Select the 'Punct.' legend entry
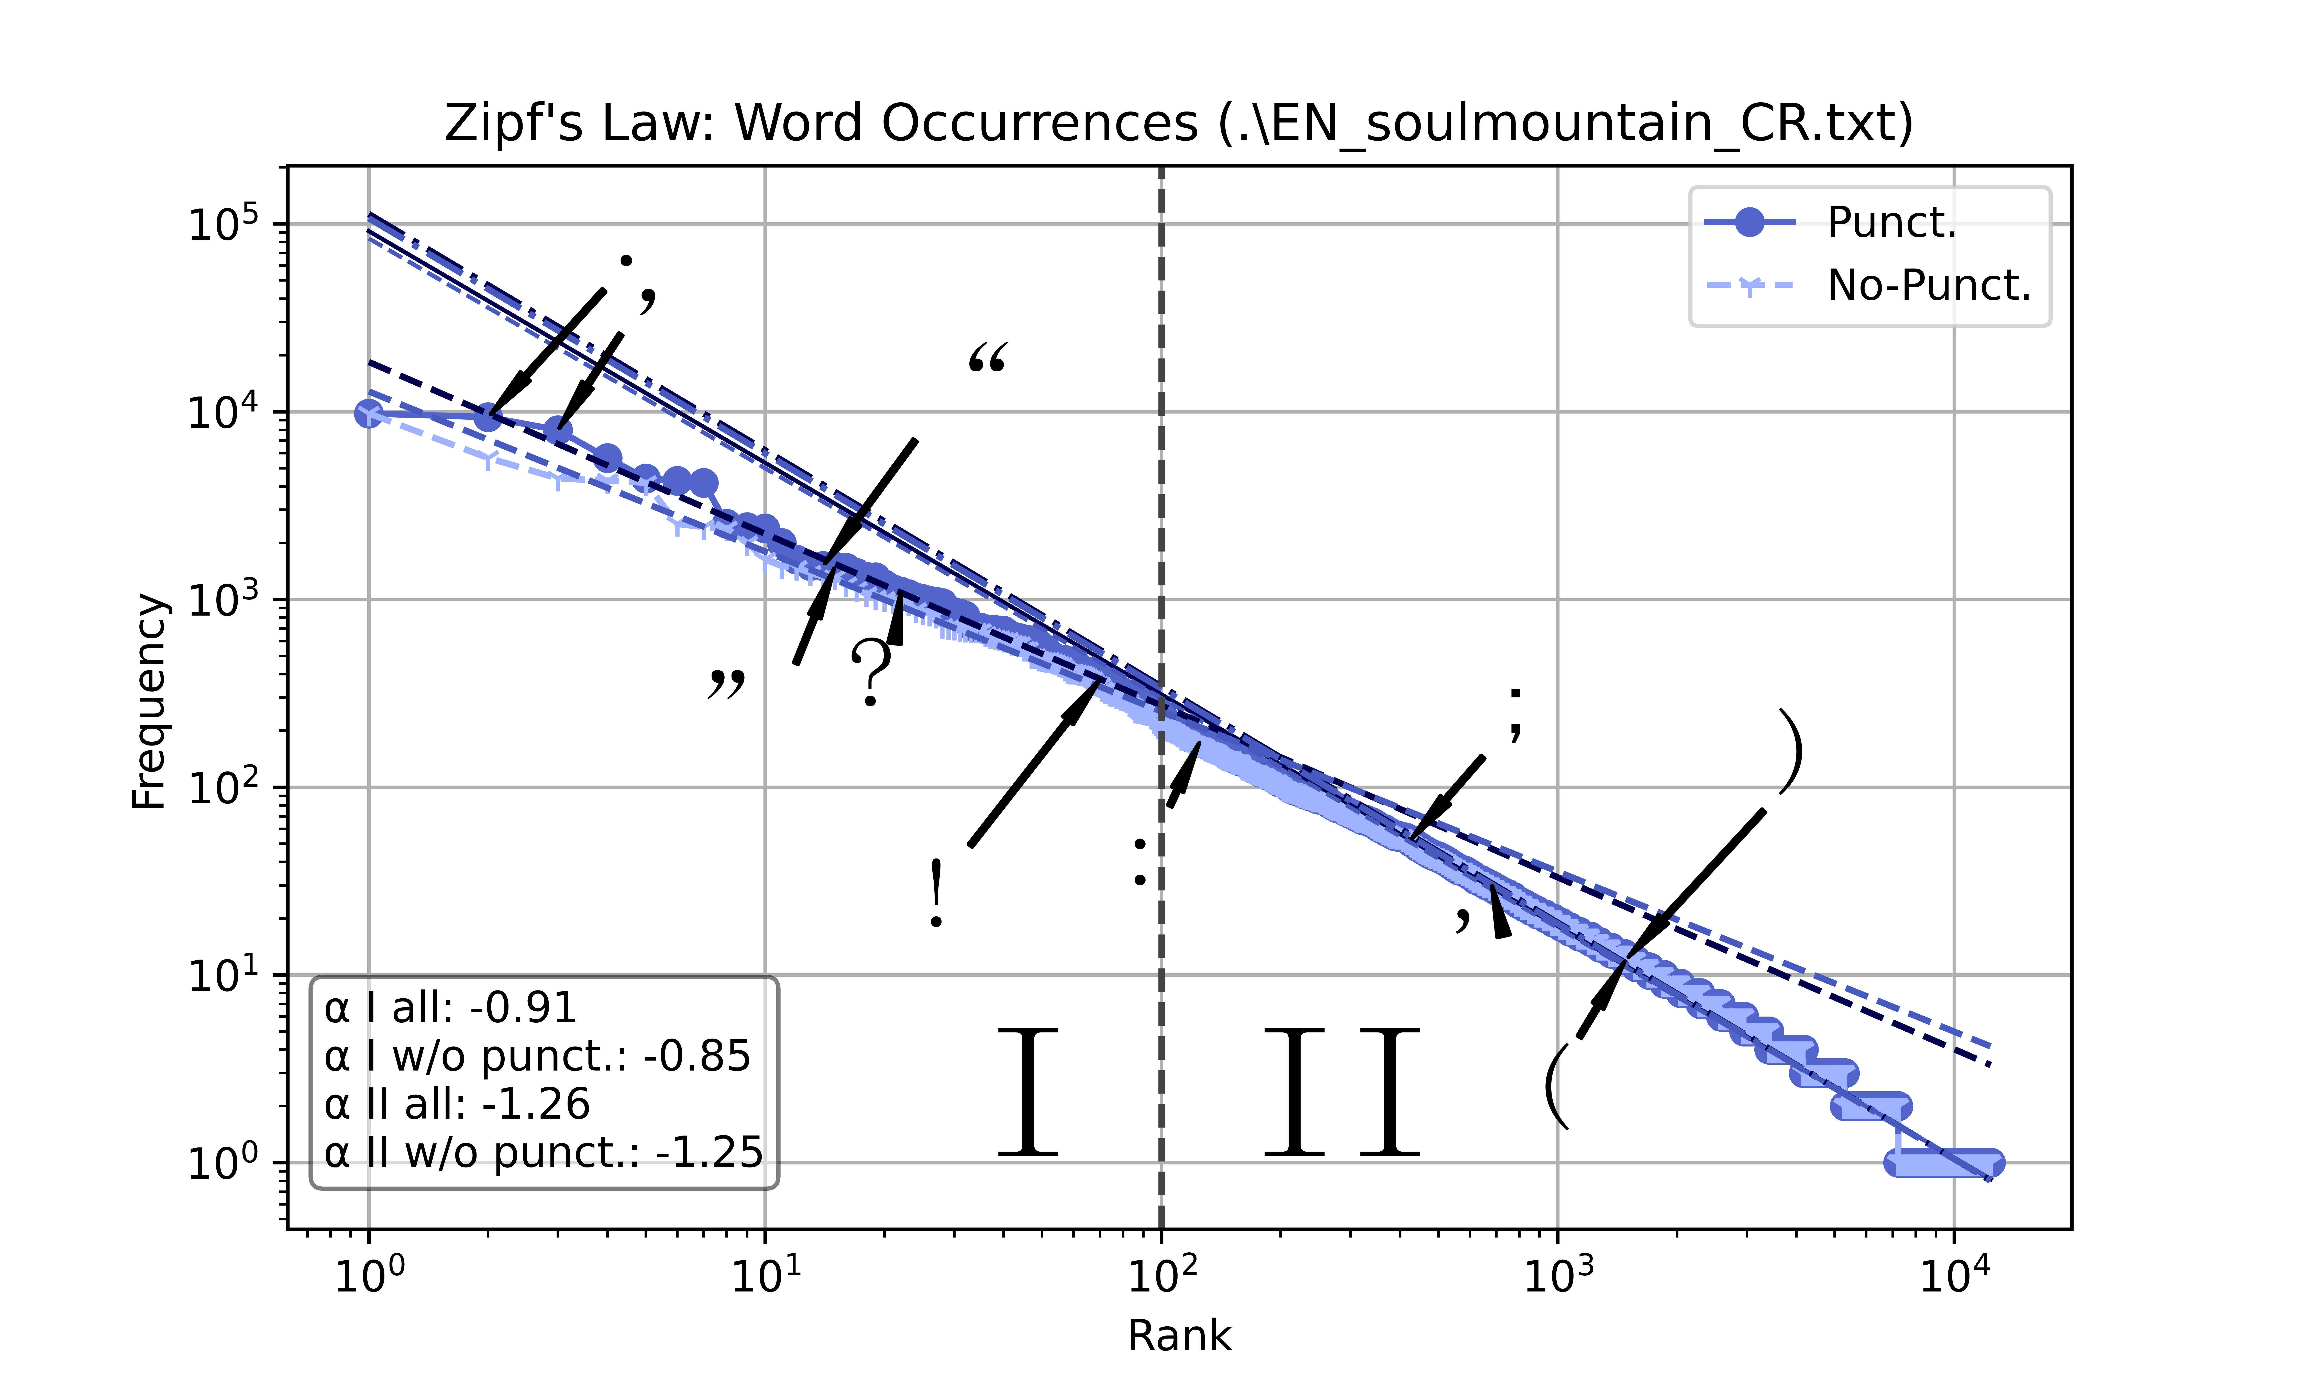[x=1891, y=222]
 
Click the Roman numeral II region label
[x=1341, y=1092]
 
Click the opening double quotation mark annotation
[x=987, y=358]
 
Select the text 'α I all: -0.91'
[x=450, y=1008]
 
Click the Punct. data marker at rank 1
[x=369, y=413]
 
